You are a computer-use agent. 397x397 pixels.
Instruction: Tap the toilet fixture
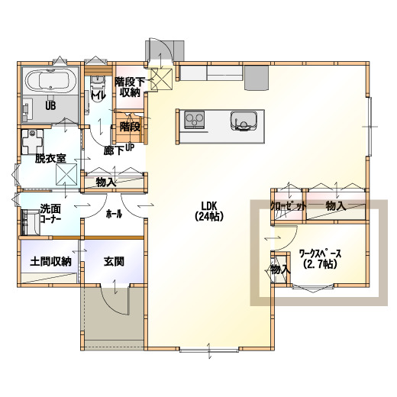point(98,89)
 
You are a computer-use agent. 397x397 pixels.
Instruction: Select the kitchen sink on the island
point(244,121)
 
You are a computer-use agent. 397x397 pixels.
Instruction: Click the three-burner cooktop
point(195,119)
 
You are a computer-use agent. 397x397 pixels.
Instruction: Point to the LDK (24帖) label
point(209,211)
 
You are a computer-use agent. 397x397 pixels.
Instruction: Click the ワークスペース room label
point(320,259)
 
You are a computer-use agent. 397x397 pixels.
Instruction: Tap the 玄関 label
point(114,261)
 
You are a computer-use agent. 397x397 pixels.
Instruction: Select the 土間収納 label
point(50,261)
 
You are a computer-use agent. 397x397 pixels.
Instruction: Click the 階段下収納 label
point(130,87)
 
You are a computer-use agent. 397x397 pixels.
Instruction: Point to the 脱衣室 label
point(50,159)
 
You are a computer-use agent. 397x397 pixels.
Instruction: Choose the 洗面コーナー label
point(50,214)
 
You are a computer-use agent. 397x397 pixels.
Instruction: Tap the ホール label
point(114,214)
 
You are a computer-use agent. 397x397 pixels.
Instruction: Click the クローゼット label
point(288,206)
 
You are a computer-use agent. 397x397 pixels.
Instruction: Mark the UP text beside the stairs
point(129,147)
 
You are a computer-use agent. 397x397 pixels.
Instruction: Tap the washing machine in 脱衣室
point(32,142)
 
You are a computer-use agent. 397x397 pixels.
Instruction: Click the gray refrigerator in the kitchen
point(257,78)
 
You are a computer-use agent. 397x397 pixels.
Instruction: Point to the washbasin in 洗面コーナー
point(31,222)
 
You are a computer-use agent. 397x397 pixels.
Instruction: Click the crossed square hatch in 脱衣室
point(66,174)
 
